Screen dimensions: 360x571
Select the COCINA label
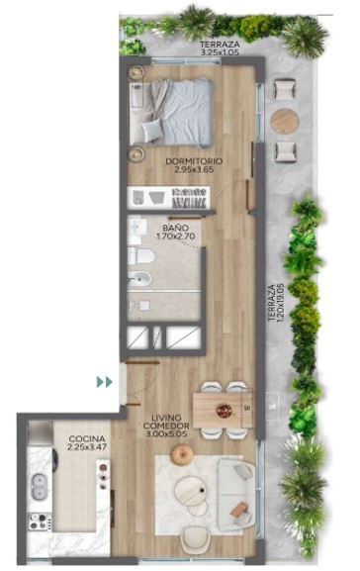[x=87, y=438]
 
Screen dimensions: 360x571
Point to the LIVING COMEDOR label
[x=166, y=422]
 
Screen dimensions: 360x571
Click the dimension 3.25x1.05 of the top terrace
[x=220, y=52]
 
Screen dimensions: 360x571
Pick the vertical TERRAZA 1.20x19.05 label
[x=276, y=303]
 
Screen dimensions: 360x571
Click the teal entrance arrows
[x=105, y=382]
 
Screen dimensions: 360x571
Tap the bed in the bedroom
[x=170, y=112]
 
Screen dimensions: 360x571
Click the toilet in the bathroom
[x=141, y=255]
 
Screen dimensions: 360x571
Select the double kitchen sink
[x=39, y=487]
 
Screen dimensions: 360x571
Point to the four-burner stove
[x=40, y=521]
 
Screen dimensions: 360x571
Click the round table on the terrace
[x=285, y=121]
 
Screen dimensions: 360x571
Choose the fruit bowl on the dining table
[x=224, y=411]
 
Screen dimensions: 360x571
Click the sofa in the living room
[x=235, y=495]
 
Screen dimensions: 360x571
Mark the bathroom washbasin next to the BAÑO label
[x=137, y=228]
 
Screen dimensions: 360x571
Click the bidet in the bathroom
[x=139, y=279]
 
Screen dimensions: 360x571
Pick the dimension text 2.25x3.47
[x=87, y=447]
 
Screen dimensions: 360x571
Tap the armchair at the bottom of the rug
[x=196, y=541]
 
